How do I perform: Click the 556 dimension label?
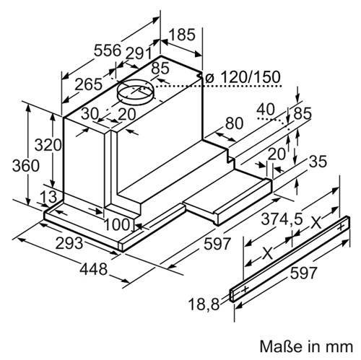(x=107, y=50)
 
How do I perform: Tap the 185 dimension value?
(x=182, y=35)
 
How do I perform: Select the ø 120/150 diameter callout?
(x=243, y=77)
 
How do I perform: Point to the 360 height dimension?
(x=25, y=166)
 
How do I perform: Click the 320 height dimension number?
(x=48, y=145)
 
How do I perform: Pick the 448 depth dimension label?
(x=93, y=269)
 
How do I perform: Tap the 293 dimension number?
(x=69, y=243)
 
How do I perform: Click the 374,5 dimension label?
(x=282, y=219)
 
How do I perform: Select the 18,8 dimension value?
(x=204, y=304)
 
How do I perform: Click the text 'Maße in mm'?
(x=306, y=346)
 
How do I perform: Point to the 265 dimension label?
(x=88, y=84)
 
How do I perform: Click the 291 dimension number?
(x=139, y=53)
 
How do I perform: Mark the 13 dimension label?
(x=48, y=197)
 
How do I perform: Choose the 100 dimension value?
(x=118, y=225)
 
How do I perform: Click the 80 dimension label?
(x=234, y=123)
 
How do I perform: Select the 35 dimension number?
(x=318, y=161)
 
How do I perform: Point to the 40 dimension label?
(x=266, y=110)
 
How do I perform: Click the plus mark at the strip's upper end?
(x=341, y=227)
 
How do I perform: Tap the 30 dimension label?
(x=90, y=113)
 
